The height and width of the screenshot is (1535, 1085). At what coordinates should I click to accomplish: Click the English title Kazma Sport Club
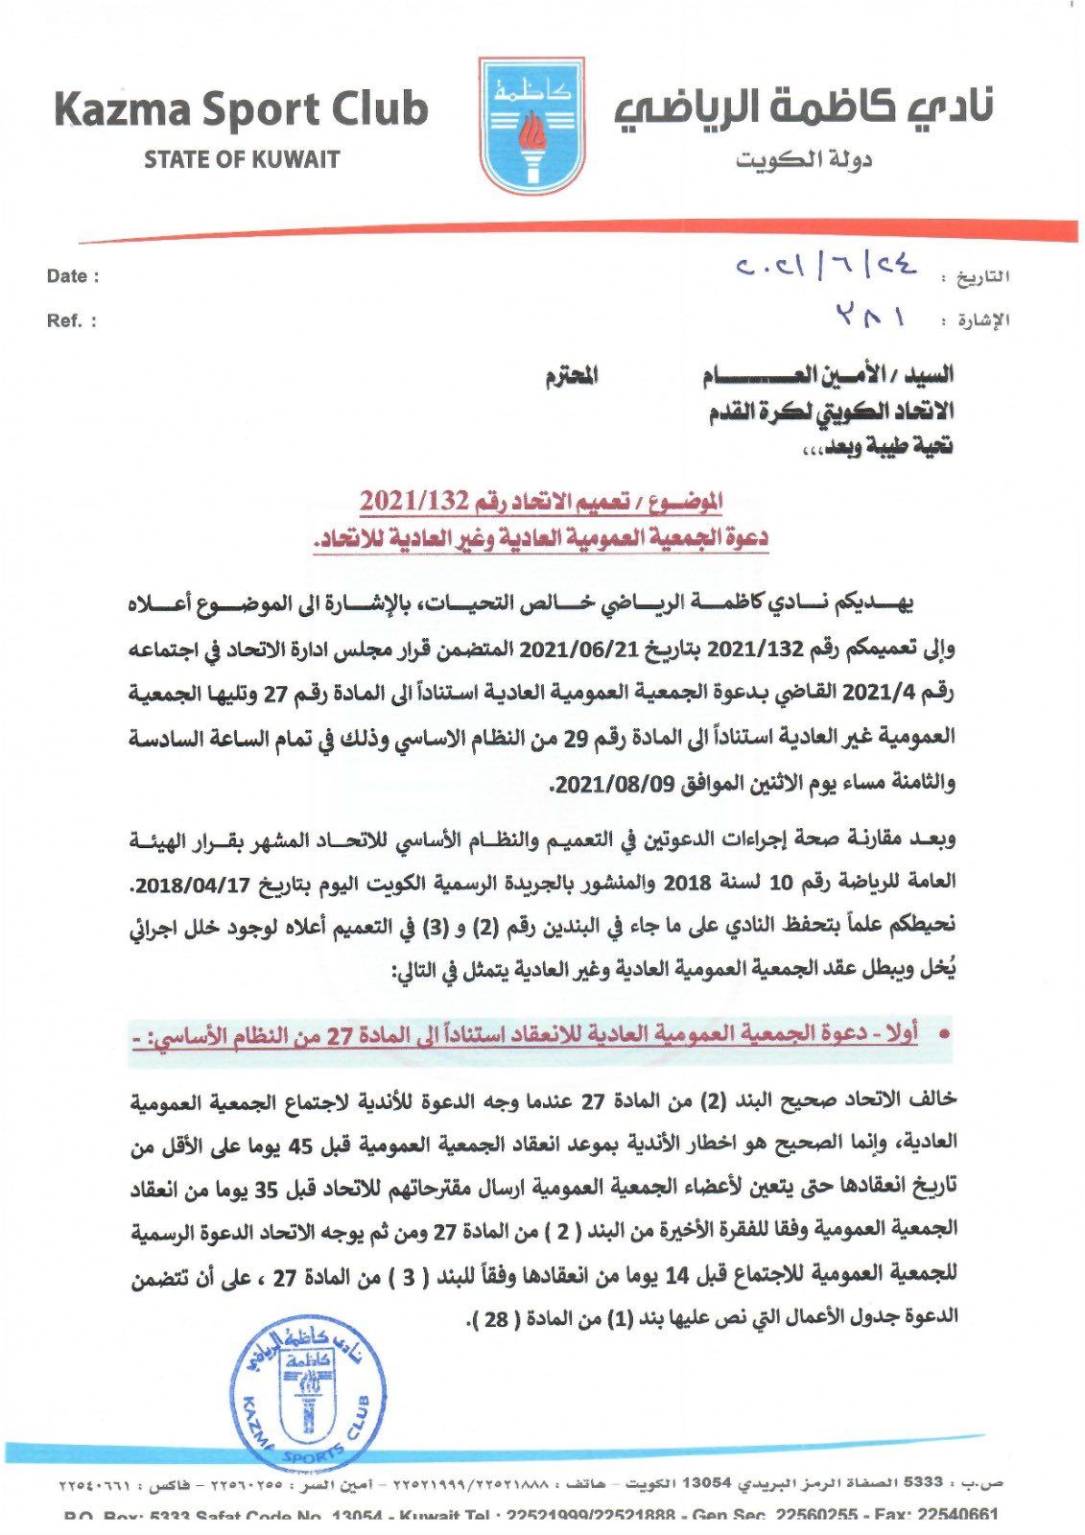(x=241, y=109)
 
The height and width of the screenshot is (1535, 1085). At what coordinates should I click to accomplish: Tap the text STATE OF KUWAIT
(x=242, y=159)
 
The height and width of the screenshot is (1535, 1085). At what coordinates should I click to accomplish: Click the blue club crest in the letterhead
(x=531, y=126)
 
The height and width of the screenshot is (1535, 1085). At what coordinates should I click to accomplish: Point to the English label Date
(x=72, y=276)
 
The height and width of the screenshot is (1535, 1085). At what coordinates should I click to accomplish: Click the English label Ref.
(x=71, y=320)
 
